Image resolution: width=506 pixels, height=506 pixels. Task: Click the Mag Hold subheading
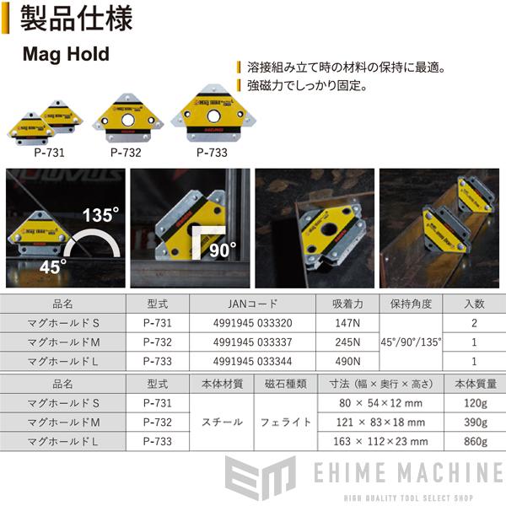click(65, 55)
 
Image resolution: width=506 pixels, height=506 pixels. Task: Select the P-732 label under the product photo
click(125, 153)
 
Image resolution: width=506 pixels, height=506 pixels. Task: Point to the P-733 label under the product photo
click(212, 153)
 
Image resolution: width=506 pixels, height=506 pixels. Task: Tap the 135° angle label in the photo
click(100, 215)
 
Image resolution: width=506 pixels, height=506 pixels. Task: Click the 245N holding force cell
click(347, 342)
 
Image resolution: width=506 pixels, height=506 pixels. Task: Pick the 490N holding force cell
click(347, 362)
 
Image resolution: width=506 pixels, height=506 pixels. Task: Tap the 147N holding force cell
click(347, 322)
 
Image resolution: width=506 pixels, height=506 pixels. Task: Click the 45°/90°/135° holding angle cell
click(412, 342)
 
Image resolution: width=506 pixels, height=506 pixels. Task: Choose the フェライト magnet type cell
click(284, 421)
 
